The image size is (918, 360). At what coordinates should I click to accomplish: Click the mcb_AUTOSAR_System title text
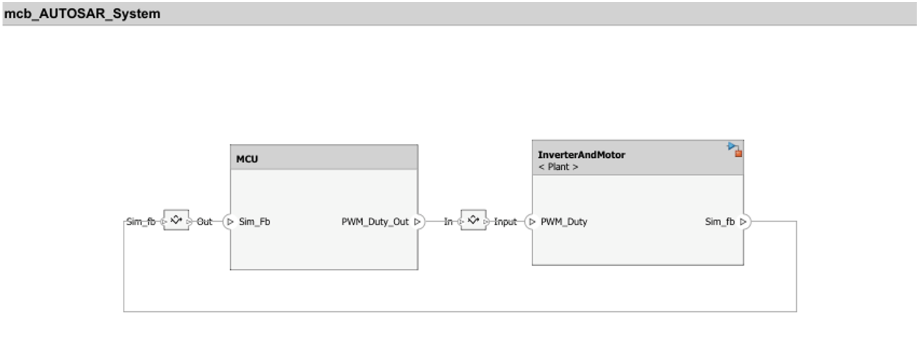coord(82,13)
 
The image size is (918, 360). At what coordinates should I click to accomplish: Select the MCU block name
coord(247,159)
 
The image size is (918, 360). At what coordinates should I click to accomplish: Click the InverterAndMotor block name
coord(581,155)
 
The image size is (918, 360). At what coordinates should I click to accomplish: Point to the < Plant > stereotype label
coord(558,167)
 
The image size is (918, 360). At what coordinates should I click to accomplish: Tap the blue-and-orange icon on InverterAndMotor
coord(735,150)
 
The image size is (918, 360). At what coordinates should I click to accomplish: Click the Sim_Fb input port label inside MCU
coord(254,222)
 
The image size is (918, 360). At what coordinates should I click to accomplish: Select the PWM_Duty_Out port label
coord(375,222)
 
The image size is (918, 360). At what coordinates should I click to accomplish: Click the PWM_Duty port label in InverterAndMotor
coord(564,222)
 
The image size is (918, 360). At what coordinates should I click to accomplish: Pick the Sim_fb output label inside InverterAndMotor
coord(720,222)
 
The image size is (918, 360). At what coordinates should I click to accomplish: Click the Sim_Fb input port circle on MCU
coord(229,222)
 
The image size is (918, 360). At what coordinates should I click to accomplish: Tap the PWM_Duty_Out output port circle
coord(418,222)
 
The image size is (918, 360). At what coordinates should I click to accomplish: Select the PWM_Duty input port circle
coord(531,222)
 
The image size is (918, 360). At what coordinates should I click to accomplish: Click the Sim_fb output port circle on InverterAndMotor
coord(744,222)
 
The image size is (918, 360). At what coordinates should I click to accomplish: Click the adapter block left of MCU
coord(176,220)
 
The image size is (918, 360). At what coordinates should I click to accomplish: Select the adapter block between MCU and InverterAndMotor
coord(474,220)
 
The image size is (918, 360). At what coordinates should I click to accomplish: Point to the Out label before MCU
coord(204,222)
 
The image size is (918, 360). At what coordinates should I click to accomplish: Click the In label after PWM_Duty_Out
coord(448,222)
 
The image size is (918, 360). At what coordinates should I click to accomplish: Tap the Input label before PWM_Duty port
coord(505,222)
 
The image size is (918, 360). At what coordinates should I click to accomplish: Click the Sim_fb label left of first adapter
coord(141,222)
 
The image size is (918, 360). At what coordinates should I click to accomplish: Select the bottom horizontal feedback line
coord(460,312)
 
